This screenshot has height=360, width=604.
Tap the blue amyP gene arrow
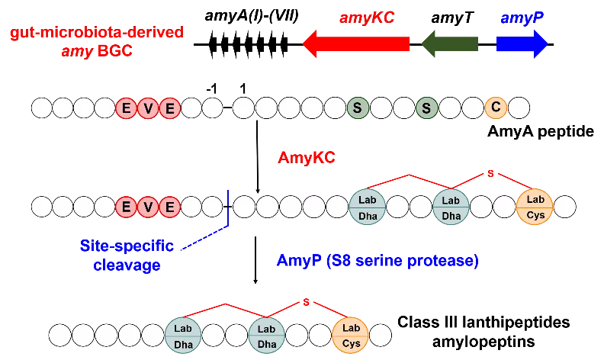tap(522, 43)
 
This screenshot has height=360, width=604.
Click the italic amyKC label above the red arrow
tap(368, 18)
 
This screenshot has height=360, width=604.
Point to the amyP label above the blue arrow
tap(522, 18)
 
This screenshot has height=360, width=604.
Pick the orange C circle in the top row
tap(496, 108)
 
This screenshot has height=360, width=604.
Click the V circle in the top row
tap(148, 108)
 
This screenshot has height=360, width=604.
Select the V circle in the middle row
tap(148, 206)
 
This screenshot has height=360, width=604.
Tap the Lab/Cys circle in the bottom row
tap(351, 335)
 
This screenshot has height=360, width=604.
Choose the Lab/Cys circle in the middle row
tap(535, 207)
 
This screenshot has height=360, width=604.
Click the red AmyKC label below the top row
tap(307, 158)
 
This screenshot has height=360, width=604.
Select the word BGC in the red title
tap(114, 52)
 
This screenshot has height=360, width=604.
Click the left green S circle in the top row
tap(357, 108)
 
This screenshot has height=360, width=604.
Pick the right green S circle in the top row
tap(427, 108)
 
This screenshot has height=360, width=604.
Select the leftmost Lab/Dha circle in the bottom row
tap(183, 335)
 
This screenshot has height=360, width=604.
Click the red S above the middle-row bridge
tap(490, 174)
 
